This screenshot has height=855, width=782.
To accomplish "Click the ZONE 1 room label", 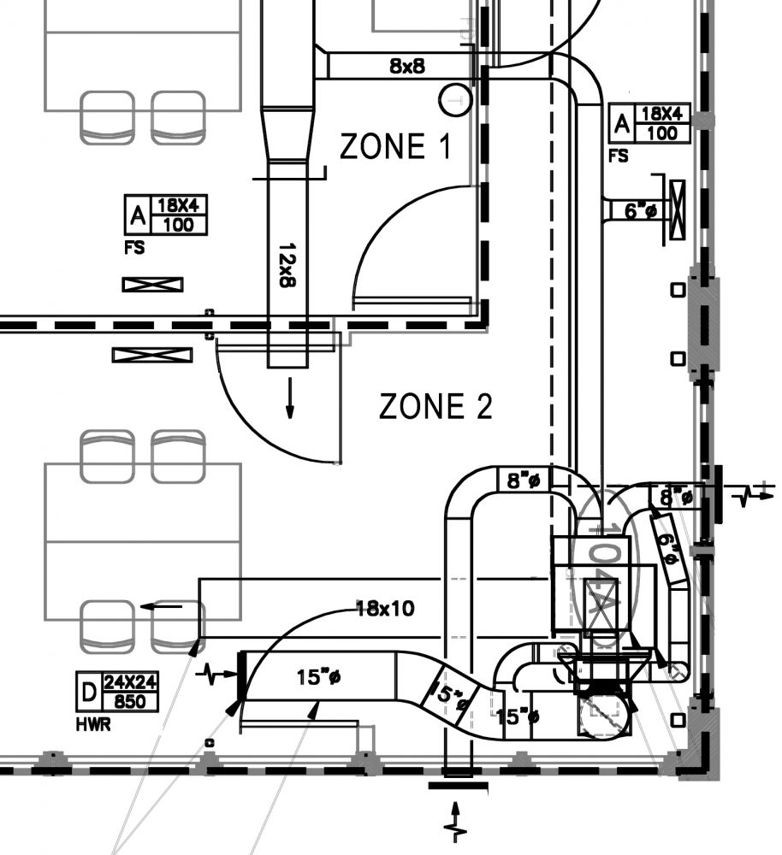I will click(x=395, y=147).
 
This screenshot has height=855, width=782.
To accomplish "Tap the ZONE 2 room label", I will click(x=435, y=407).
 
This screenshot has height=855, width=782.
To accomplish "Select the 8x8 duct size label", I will click(x=407, y=66).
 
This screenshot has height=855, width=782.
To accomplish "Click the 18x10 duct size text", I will click(x=385, y=609).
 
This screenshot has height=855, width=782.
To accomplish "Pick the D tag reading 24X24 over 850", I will click(x=120, y=692).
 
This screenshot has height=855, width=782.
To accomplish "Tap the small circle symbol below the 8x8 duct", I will click(x=454, y=100).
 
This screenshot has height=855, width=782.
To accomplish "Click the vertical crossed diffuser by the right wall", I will click(x=678, y=209).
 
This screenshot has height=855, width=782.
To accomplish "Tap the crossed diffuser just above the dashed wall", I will click(x=152, y=285).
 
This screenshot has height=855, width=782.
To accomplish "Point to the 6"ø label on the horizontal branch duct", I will click(x=640, y=210).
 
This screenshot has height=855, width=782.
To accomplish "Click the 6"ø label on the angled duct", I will click(x=668, y=545).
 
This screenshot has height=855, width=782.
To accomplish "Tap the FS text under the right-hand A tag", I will click(x=618, y=156).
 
